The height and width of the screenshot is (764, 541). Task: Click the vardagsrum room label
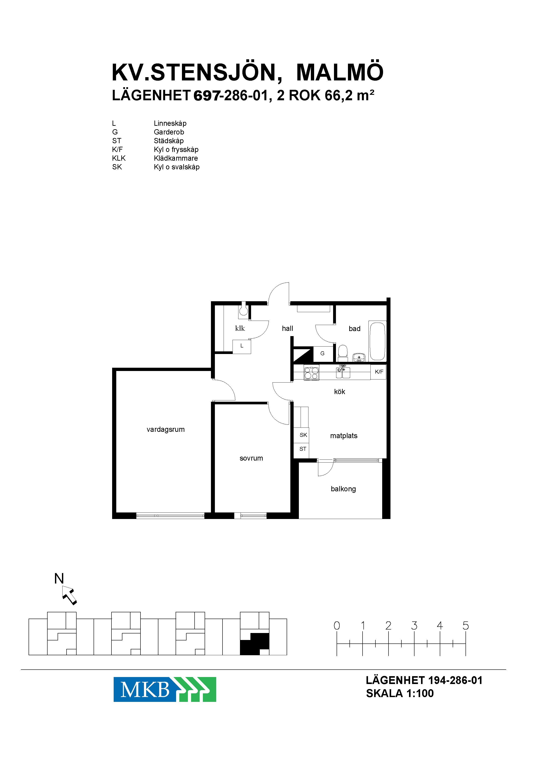pyautogui.click(x=166, y=429)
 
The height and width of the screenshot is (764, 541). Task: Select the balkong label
pyautogui.click(x=343, y=489)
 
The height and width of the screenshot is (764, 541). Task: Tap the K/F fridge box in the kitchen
pyautogui.click(x=378, y=372)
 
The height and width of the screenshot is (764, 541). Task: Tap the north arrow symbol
pyautogui.click(x=69, y=595)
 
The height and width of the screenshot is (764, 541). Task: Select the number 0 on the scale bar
pyautogui.click(x=337, y=626)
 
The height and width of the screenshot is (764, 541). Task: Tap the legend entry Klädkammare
pyautogui.click(x=176, y=158)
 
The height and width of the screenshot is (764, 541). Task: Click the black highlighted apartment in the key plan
pyautogui.click(x=255, y=644)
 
